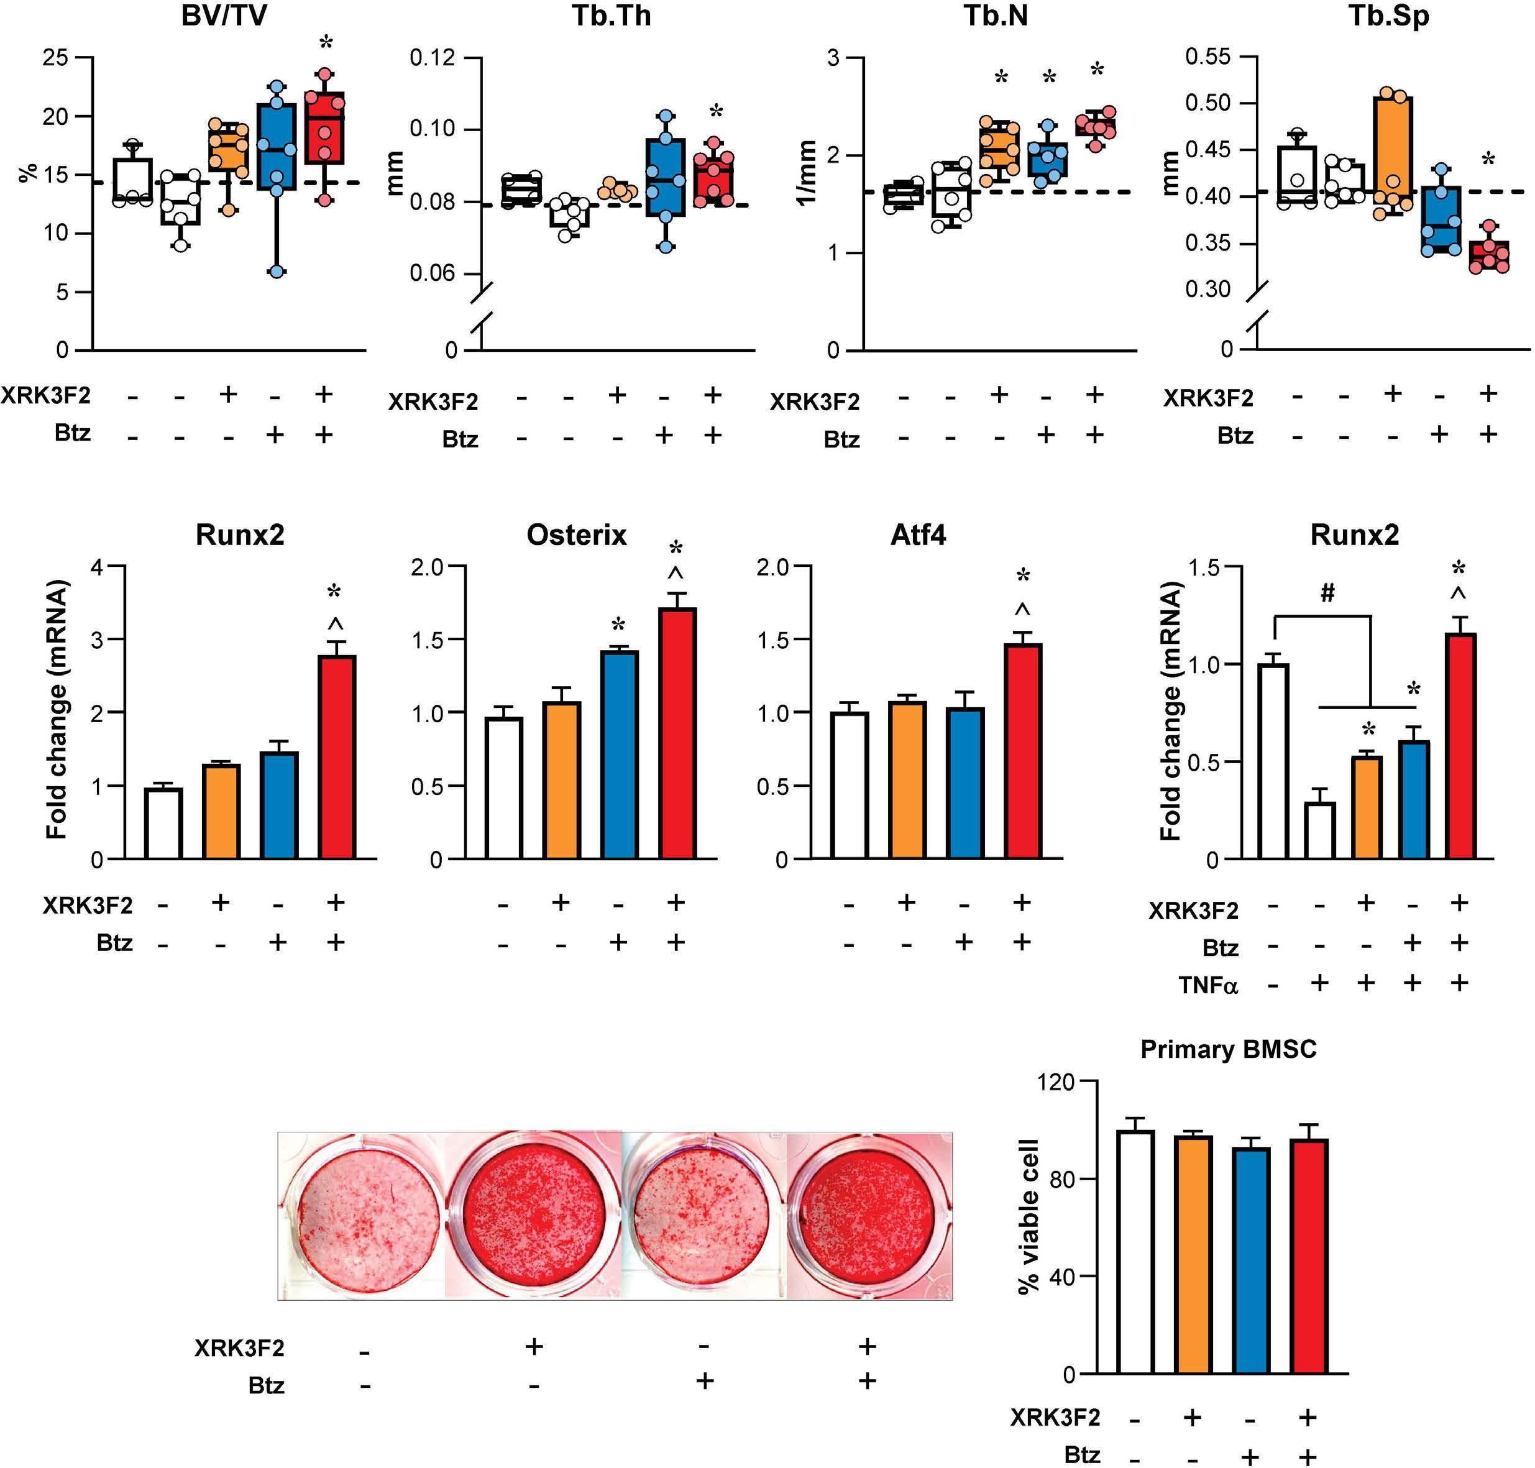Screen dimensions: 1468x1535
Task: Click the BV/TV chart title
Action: click(224, 16)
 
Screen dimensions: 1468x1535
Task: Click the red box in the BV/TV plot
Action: click(324, 128)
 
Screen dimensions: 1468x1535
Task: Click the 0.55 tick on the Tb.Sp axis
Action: click(1208, 57)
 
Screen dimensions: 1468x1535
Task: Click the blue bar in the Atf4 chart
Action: click(964, 783)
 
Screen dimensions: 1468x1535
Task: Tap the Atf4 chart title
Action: click(918, 535)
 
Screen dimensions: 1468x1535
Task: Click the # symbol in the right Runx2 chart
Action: click(1327, 594)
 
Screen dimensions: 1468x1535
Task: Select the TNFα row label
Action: click(1208, 985)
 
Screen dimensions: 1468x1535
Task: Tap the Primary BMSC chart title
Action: click(1229, 1048)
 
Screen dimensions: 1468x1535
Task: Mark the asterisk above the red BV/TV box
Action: click(326, 40)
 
